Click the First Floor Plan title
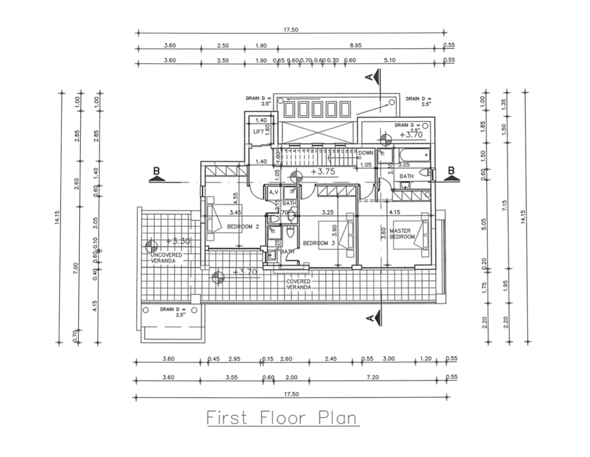click(281, 418)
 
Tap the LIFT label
click(258, 132)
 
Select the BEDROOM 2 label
click(243, 227)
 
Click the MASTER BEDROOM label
click(404, 234)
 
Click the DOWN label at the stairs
click(366, 153)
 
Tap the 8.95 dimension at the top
click(356, 45)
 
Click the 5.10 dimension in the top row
click(390, 60)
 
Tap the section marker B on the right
click(452, 171)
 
